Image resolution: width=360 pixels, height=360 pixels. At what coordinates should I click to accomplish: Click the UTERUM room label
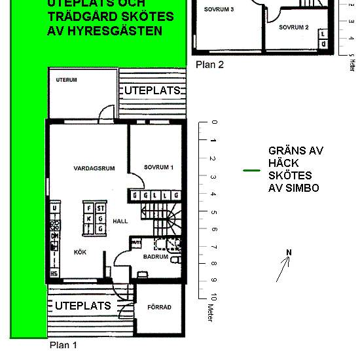[x=67, y=80]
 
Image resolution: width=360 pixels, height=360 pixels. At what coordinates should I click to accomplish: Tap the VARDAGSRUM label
[x=94, y=168]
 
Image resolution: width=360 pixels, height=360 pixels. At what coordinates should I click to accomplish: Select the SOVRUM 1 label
[x=158, y=168]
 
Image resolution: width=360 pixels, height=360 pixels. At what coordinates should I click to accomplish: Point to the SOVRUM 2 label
[x=293, y=27]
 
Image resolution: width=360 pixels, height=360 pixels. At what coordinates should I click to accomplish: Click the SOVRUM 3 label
[x=219, y=10]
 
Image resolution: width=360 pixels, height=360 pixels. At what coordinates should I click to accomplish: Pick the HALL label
[x=120, y=221]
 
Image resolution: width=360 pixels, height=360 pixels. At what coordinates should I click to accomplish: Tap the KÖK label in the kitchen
[x=79, y=251]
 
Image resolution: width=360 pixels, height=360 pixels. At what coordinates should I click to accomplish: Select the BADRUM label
[x=156, y=258]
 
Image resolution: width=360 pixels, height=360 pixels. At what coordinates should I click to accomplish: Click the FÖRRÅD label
[x=159, y=306]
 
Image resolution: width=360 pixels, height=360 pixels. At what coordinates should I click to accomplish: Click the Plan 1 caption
[x=63, y=344]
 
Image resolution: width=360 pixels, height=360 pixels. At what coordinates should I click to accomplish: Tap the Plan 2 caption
[x=209, y=64]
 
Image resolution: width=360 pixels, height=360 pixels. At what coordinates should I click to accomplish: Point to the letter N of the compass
[x=289, y=252]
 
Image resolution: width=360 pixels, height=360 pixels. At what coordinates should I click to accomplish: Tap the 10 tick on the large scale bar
[x=213, y=298]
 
